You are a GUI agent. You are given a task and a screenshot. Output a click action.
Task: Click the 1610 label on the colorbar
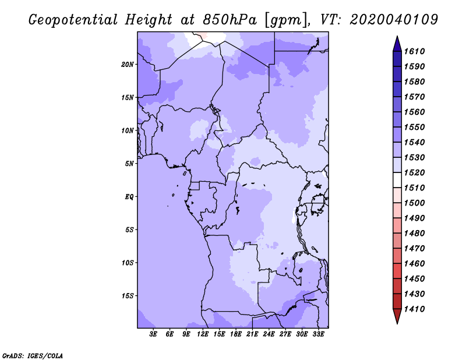pyautogui.click(x=414, y=51)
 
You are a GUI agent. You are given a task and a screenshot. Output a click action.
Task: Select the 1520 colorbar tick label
pyautogui.click(x=414, y=172)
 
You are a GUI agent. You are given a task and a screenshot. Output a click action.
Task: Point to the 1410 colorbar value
pyautogui.click(x=414, y=309)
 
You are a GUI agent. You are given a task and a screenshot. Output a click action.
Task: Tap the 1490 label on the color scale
pyautogui.click(x=414, y=218)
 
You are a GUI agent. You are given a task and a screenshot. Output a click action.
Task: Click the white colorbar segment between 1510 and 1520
pyautogui.click(x=397, y=180)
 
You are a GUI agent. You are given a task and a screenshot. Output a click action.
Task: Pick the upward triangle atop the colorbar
pyautogui.click(x=397, y=44)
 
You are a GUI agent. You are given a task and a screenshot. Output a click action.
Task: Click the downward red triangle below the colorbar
pyautogui.click(x=397, y=316)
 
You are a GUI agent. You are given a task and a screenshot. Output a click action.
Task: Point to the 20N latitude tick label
pyautogui.click(x=128, y=65)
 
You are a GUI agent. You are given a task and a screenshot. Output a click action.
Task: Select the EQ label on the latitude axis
pyautogui.click(x=129, y=197)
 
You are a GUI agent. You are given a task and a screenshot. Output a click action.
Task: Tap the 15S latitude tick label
pyautogui.click(x=128, y=296)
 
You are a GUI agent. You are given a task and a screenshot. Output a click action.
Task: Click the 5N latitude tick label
pyautogui.click(x=129, y=164)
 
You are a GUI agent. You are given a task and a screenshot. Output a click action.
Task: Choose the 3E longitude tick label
pyautogui.click(x=153, y=334)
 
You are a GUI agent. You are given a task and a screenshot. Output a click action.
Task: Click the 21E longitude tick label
pyautogui.click(x=252, y=334)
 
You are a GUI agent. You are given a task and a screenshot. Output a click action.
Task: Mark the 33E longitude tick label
pyautogui.click(x=318, y=334)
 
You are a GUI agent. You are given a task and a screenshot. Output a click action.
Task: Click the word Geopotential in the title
pyautogui.click(x=73, y=20)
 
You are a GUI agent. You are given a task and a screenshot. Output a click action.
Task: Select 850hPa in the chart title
pyautogui.click(x=230, y=20)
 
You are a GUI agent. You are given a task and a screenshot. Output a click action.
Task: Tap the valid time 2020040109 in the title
pyautogui.click(x=394, y=19)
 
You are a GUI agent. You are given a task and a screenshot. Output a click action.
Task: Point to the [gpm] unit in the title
pyautogui.click(x=285, y=20)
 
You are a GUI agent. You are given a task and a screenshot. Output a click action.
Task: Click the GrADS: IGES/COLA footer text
pyautogui.click(x=33, y=356)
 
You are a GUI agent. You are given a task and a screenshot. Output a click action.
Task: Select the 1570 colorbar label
pyautogui.click(x=414, y=97)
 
